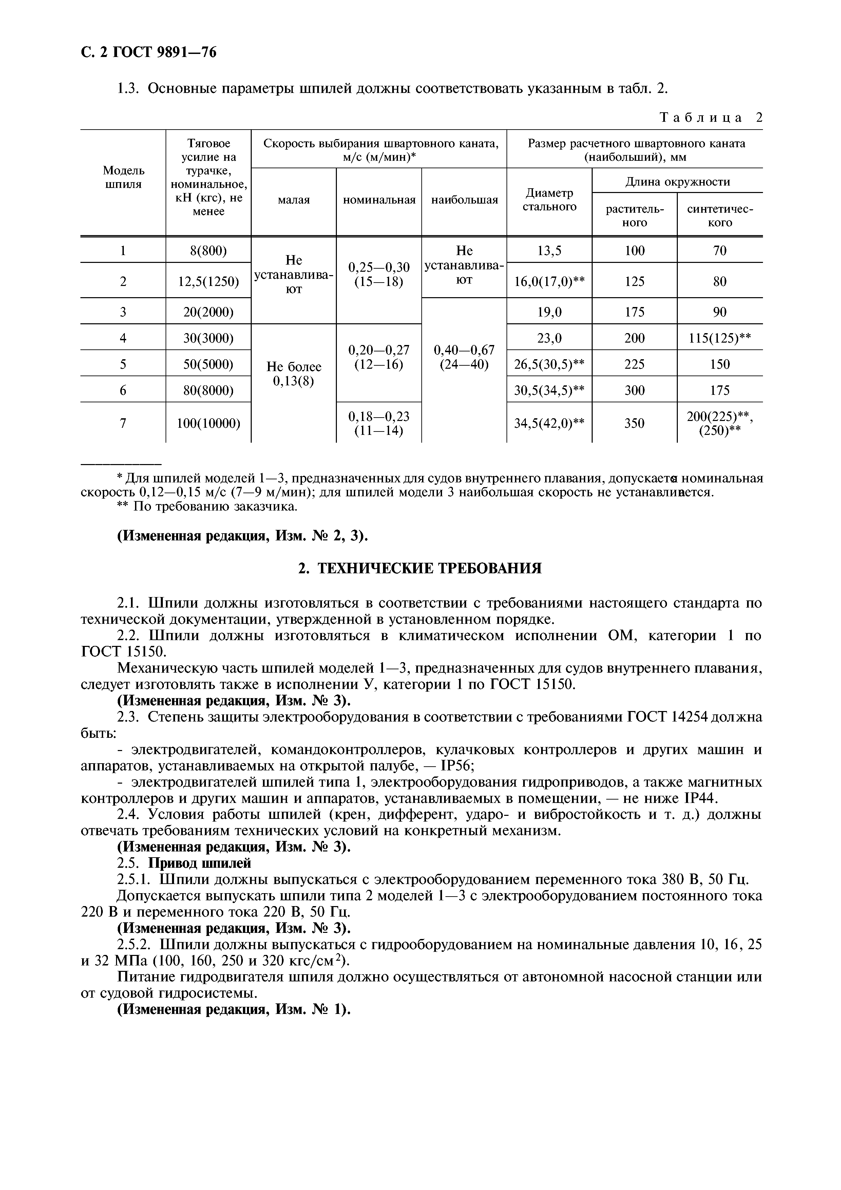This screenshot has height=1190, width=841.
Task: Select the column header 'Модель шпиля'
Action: (x=123, y=177)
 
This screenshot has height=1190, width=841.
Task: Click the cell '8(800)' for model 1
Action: (x=208, y=251)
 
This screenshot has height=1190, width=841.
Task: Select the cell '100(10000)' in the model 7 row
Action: (x=208, y=423)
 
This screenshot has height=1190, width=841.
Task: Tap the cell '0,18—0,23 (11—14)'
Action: (x=379, y=423)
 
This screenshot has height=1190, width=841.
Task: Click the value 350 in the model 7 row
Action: (x=634, y=423)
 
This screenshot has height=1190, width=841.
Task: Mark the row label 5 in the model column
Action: (x=123, y=364)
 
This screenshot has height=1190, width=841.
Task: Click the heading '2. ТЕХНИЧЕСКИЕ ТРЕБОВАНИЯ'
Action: (x=420, y=569)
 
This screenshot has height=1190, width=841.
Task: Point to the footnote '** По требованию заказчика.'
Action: (x=207, y=506)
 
